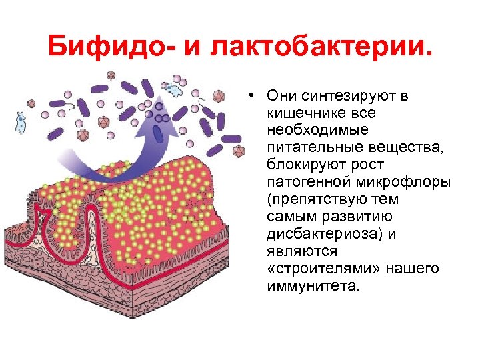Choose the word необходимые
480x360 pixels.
tap(317, 130)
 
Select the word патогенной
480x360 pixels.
tap(307, 182)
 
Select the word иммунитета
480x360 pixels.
tap(312, 286)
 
